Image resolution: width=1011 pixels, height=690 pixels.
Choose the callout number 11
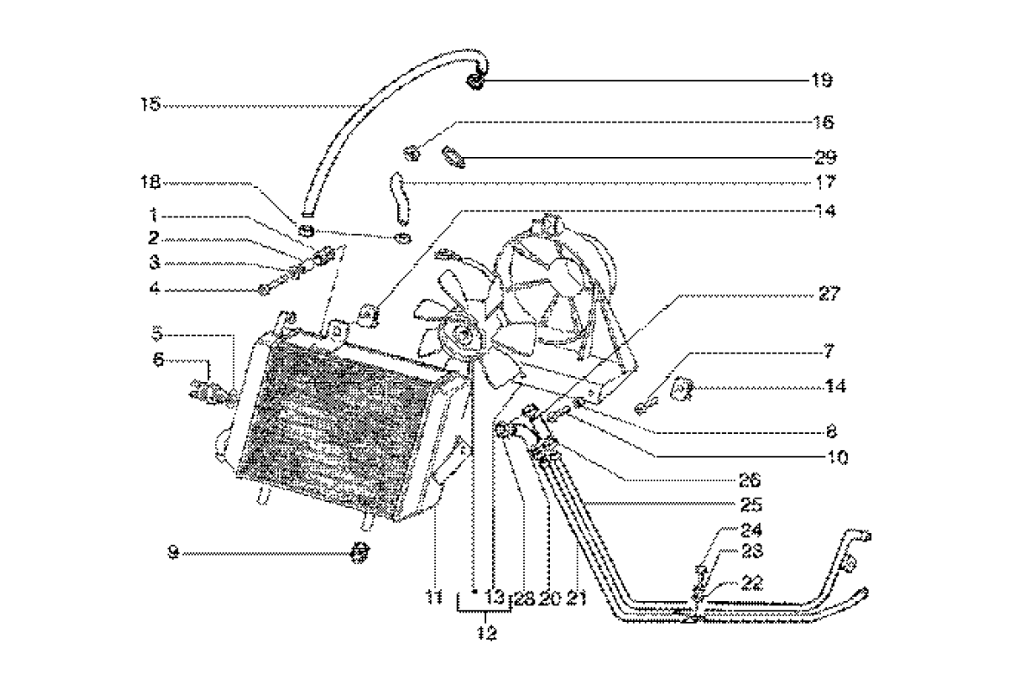433,596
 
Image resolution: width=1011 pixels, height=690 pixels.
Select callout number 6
159,362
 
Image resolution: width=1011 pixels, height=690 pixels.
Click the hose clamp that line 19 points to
476,81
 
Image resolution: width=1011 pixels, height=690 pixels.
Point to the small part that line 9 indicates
360,552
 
